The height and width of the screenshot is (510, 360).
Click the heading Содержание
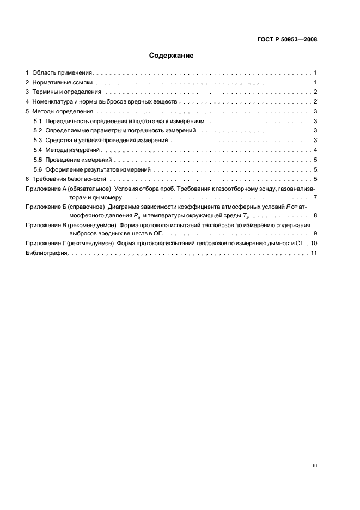171,56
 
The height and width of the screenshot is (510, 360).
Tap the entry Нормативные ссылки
63,82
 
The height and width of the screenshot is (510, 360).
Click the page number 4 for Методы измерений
315,150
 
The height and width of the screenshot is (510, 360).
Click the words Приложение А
42,189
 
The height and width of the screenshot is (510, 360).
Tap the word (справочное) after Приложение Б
86,207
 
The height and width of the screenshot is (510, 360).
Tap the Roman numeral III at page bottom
314,466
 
